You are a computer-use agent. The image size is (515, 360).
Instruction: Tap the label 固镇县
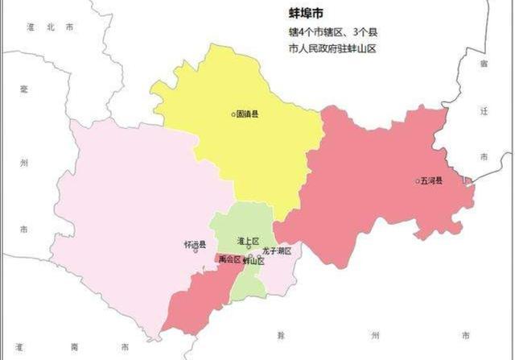tap(248, 114)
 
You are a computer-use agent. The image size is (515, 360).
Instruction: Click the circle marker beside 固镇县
tap(233, 114)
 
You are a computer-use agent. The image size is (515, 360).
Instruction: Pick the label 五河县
tap(432, 180)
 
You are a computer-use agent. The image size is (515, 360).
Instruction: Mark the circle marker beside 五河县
tap(418, 180)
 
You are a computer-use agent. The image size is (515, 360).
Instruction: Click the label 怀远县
tap(195, 243)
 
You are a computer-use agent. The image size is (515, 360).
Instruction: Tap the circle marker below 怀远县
tap(196, 251)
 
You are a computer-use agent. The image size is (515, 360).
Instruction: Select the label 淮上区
tap(248, 241)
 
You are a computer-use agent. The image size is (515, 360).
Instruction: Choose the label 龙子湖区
tap(276, 251)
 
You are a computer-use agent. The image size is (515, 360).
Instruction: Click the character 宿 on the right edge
tap(483, 62)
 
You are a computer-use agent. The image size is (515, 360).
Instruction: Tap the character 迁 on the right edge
tap(483, 110)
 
